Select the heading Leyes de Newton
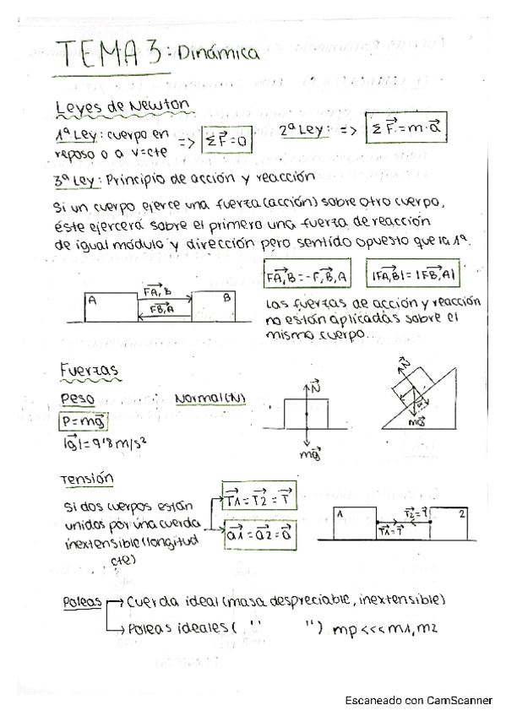(x=121, y=107)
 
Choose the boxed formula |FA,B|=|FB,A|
(x=415, y=275)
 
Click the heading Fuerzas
(x=89, y=371)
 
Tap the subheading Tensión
(x=87, y=479)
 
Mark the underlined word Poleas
(x=82, y=602)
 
